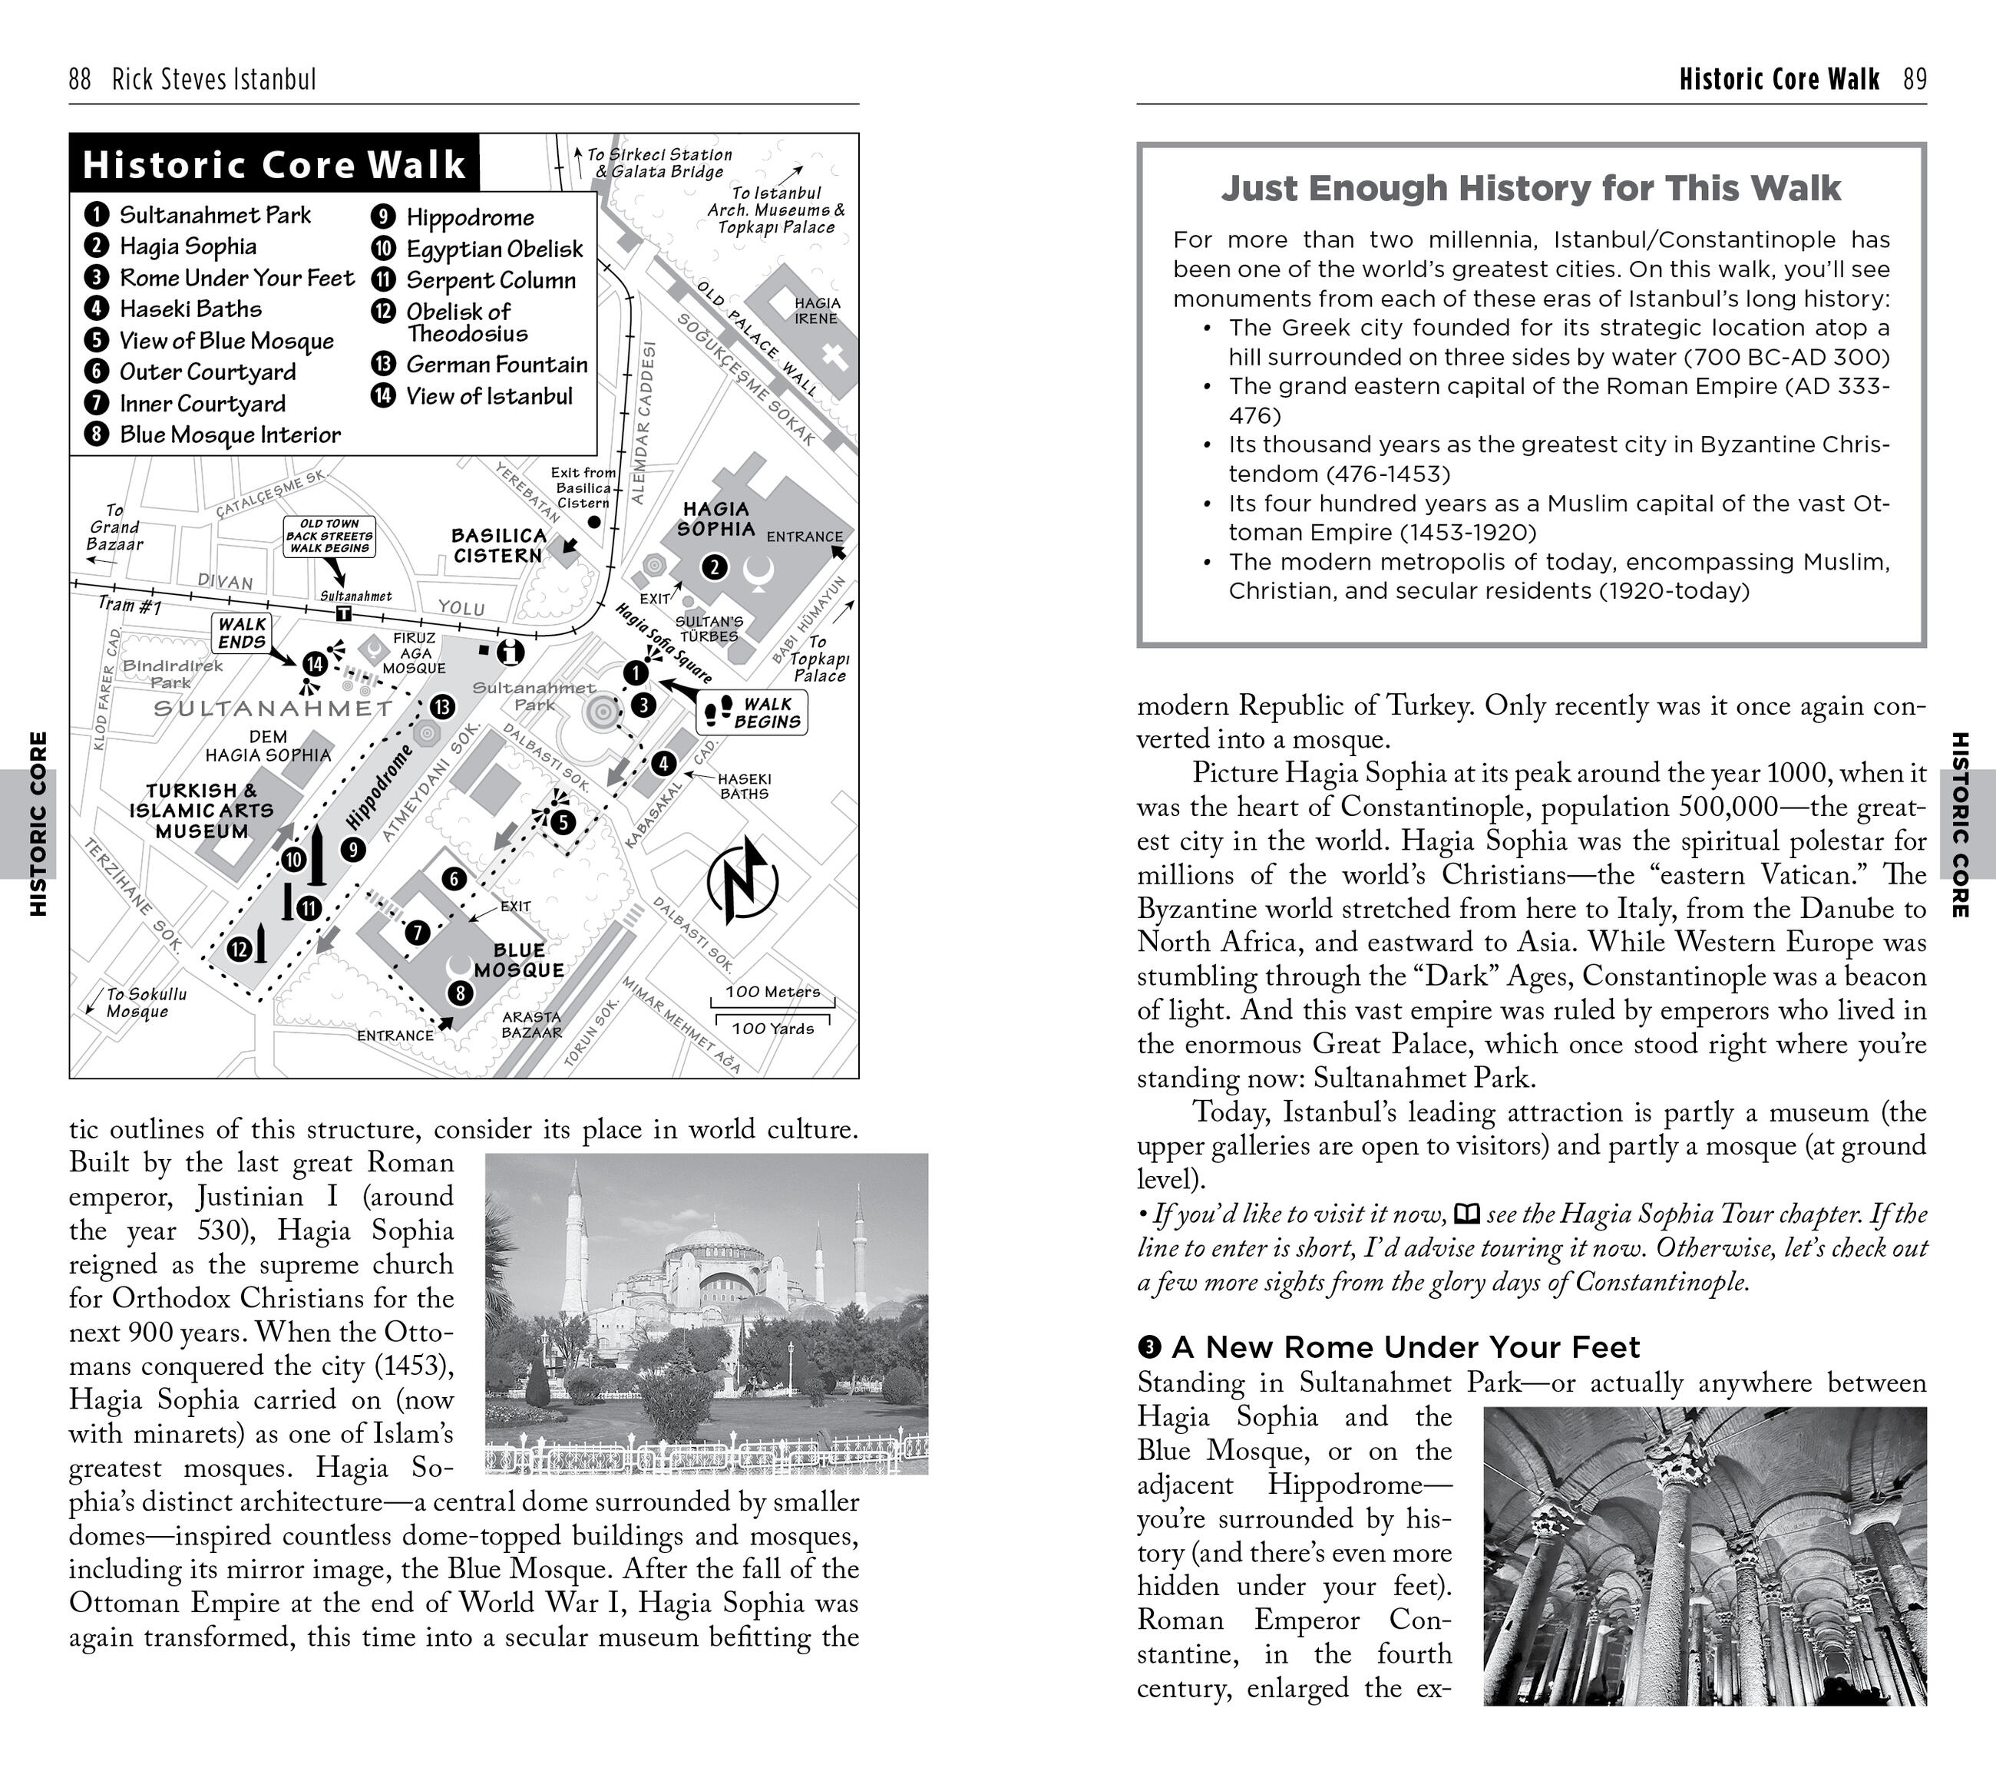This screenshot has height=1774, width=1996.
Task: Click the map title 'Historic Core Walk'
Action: tap(273, 164)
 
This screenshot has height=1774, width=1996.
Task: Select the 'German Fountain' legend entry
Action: tap(496, 364)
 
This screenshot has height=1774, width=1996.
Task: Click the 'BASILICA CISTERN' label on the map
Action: tap(498, 546)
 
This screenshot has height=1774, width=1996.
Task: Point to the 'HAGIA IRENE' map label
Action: tap(816, 310)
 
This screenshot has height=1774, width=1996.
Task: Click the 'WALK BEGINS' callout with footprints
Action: tap(752, 712)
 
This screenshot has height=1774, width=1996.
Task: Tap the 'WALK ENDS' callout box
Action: tap(241, 633)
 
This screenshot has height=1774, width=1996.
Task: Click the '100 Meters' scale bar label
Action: tap(772, 992)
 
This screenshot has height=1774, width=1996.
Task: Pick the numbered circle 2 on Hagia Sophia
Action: tap(715, 567)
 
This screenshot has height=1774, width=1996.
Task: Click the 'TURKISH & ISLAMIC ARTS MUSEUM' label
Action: tap(202, 811)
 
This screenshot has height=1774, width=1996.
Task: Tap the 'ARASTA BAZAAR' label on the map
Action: tap(531, 1024)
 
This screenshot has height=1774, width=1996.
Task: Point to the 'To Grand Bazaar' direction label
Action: tap(114, 528)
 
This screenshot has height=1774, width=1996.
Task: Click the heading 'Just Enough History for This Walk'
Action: tap(1530, 187)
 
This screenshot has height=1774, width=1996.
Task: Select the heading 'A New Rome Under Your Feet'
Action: tap(1405, 1347)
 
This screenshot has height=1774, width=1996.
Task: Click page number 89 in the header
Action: tap(1915, 79)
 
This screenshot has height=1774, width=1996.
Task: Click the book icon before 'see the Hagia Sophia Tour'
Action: tap(1467, 1214)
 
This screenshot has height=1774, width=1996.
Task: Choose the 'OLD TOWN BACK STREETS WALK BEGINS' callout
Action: tap(329, 536)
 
